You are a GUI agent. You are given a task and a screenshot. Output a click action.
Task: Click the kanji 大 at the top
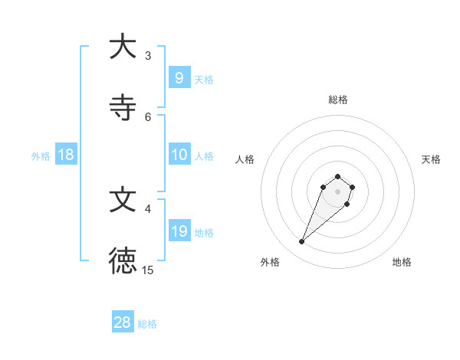coord(123,47)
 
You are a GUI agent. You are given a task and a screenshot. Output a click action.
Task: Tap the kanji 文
coord(123,200)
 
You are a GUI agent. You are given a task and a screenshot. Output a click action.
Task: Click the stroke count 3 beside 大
coord(148,55)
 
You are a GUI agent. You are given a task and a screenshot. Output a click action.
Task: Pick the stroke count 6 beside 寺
coord(148,116)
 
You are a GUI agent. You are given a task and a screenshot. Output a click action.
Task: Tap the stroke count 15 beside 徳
coord(148,270)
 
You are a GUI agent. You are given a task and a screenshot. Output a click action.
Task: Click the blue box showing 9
coord(179,77)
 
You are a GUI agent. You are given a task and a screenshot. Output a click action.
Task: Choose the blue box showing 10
coord(179,154)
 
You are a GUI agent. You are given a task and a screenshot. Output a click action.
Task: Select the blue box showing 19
coord(179,231)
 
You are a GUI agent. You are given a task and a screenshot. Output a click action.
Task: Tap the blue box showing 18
coord(66,155)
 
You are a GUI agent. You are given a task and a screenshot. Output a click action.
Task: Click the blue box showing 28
coord(123,322)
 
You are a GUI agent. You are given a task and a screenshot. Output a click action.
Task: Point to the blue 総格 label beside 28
coord(147,324)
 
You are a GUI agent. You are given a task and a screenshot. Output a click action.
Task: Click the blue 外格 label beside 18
coord(41,156)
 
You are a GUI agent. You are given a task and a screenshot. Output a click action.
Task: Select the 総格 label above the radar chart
coord(337,100)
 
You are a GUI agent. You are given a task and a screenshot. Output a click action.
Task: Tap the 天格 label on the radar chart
coord(431,159)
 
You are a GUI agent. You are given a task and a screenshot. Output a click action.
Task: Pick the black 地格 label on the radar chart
coord(402,262)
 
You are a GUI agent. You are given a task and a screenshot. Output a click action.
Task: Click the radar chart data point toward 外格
coord(302,242)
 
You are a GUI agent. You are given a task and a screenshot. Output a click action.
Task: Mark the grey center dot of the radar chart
coord(337,191)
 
